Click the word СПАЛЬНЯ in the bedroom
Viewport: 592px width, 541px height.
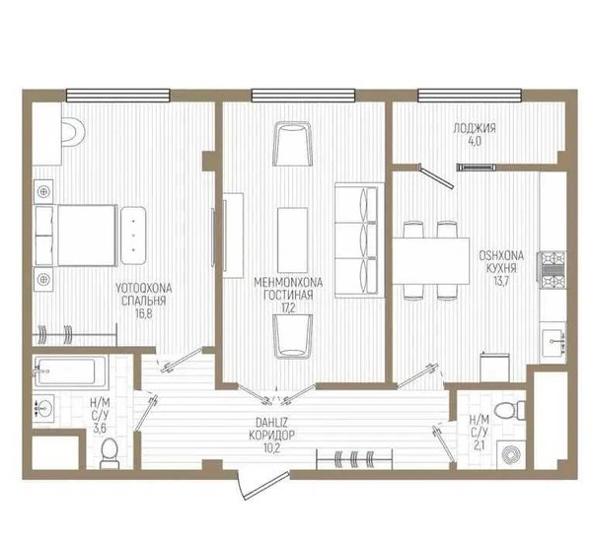(144, 301)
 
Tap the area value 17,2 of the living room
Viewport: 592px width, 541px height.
(288, 308)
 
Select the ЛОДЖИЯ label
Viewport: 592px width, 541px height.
(475, 128)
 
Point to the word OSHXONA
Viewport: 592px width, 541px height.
(501, 255)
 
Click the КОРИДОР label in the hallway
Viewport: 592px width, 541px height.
(271, 436)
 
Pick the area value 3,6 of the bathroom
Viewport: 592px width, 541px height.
(99, 428)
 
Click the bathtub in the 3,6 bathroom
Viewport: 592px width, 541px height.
(70, 372)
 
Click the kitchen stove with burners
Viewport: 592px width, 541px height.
(552, 269)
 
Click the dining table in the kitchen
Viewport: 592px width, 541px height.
(431, 260)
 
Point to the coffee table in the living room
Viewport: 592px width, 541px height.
(292, 239)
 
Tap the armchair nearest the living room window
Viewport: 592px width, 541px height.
(293, 144)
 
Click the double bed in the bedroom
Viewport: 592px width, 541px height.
(76, 235)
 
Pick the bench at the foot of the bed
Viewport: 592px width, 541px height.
(133, 235)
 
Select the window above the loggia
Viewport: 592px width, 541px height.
(470, 96)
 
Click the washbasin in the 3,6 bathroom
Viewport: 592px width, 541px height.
(43, 408)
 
